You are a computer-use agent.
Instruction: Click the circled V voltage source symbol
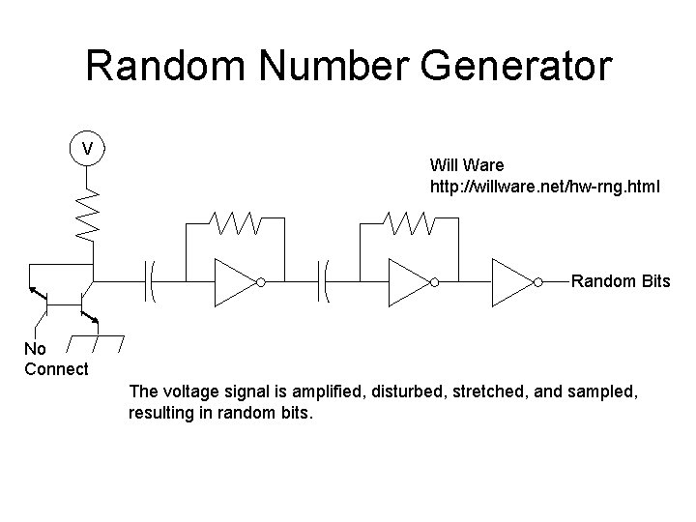tap(88, 149)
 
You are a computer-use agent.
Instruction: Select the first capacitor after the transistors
tap(152, 282)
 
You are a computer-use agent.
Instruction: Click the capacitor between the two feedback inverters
tap(325, 282)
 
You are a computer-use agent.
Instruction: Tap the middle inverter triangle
tap(407, 282)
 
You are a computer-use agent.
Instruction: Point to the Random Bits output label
tap(621, 282)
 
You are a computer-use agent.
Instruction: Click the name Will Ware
tap(468, 165)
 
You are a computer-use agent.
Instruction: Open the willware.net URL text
tap(545, 184)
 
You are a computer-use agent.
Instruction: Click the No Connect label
tap(55, 359)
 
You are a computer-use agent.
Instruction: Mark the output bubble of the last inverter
tap(539, 282)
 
